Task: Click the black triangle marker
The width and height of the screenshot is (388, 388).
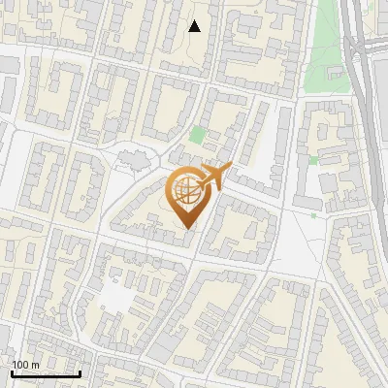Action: coord(195,26)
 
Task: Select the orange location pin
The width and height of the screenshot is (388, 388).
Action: coord(190,197)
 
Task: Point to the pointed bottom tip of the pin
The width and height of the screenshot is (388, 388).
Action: coord(188,229)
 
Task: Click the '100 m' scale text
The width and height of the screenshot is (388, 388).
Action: coord(25,365)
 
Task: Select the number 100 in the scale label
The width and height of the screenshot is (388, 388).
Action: coord(20,365)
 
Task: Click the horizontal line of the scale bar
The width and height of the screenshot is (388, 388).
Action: coord(45,374)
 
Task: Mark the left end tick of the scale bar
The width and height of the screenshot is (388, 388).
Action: coord(11,372)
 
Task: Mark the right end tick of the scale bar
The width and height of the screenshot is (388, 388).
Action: coord(80,372)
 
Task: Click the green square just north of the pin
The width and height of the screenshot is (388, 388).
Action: coord(198,135)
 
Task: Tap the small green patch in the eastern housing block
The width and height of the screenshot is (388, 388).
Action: coord(313,160)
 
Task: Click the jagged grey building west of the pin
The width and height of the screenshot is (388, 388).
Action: coord(132,159)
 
